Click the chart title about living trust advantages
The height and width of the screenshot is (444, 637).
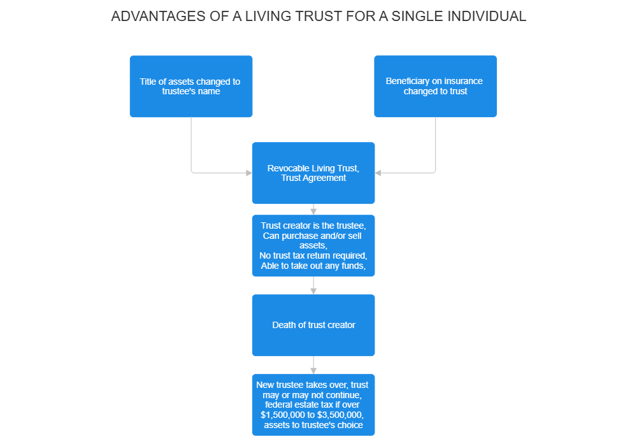[318, 17]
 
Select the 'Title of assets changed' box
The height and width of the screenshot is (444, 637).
[190, 87]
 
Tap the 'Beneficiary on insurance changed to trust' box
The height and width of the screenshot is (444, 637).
[434, 87]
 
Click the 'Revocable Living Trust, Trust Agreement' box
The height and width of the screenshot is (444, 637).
[313, 173]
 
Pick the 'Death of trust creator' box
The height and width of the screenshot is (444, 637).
[313, 325]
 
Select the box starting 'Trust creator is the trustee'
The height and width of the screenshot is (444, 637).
[313, 246]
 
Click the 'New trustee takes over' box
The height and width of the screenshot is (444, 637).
[313, 405]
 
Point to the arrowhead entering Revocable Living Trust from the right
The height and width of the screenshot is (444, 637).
[378, 173]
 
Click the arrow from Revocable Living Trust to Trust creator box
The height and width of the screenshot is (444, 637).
[313, 210]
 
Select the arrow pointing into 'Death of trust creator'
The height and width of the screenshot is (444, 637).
[313, 289]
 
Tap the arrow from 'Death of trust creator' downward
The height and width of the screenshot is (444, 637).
[313, 368]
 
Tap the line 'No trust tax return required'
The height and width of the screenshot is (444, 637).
[313, 255]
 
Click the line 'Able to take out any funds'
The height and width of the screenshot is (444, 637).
[313, 266]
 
